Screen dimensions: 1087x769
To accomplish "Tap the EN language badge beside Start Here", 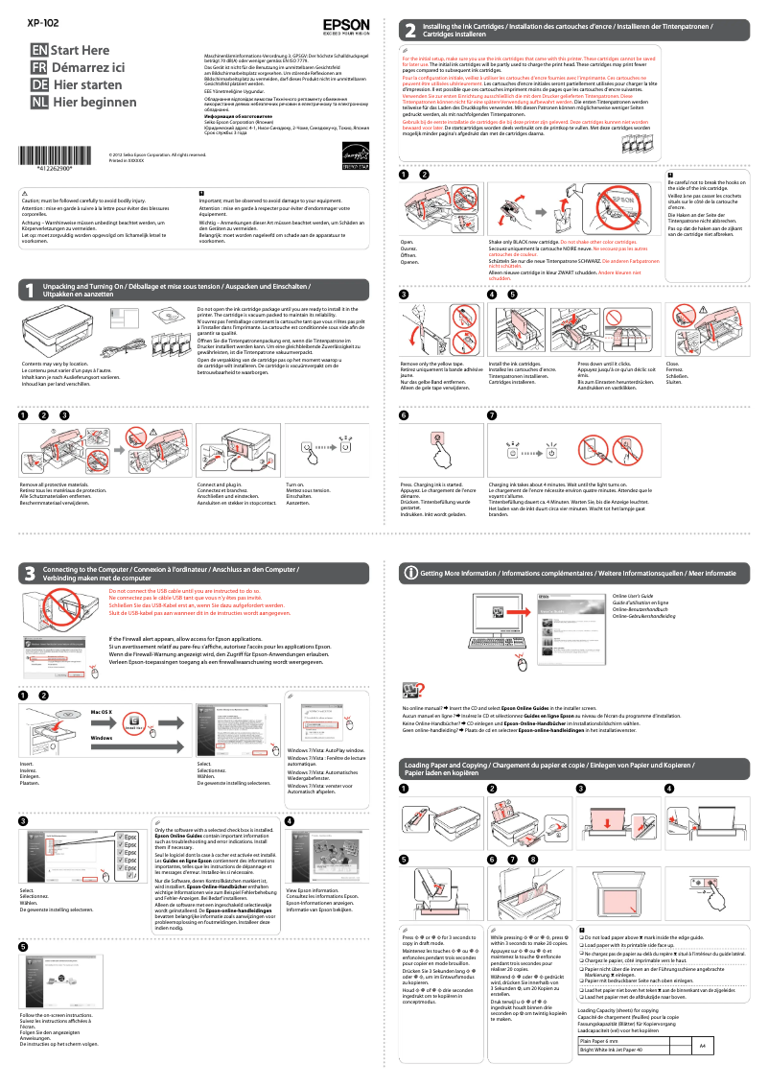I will (38, 50).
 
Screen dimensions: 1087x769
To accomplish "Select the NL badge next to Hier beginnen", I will (38, 102).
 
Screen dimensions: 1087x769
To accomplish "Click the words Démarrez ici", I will (88, 67).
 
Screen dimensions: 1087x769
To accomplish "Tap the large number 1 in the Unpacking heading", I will (30, 262).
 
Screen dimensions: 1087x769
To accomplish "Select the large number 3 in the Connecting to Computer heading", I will (30, 574).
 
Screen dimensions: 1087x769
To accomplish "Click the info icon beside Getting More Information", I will (410, 573).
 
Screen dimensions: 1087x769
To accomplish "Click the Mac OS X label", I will (101, 711).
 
